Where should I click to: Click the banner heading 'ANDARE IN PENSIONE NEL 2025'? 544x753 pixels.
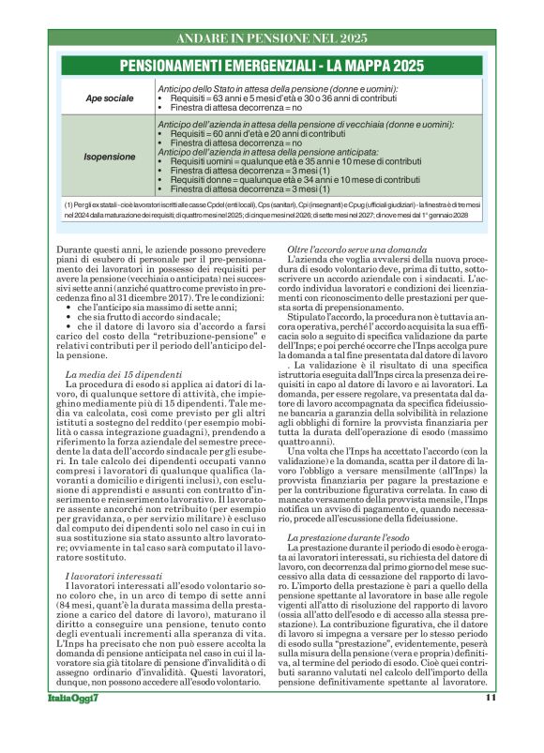[x=271, y=38]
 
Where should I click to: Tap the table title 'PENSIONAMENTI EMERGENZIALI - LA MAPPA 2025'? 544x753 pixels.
[x=272, y=66]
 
